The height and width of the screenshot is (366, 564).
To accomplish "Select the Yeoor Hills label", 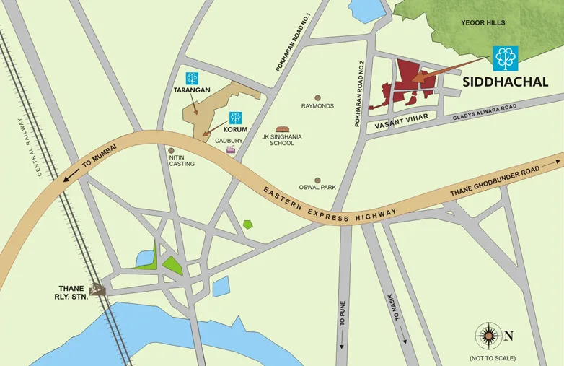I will (x=484, y=23).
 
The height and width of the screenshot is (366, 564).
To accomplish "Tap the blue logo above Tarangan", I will (x=193, y=78).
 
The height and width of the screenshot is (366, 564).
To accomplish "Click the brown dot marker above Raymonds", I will (x=317, y=97).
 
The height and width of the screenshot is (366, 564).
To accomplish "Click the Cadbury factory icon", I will (x=231, y=149).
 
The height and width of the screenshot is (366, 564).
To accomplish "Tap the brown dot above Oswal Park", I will (x=317, y=180).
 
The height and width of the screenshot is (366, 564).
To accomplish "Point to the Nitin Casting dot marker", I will (x=171, y=151).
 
